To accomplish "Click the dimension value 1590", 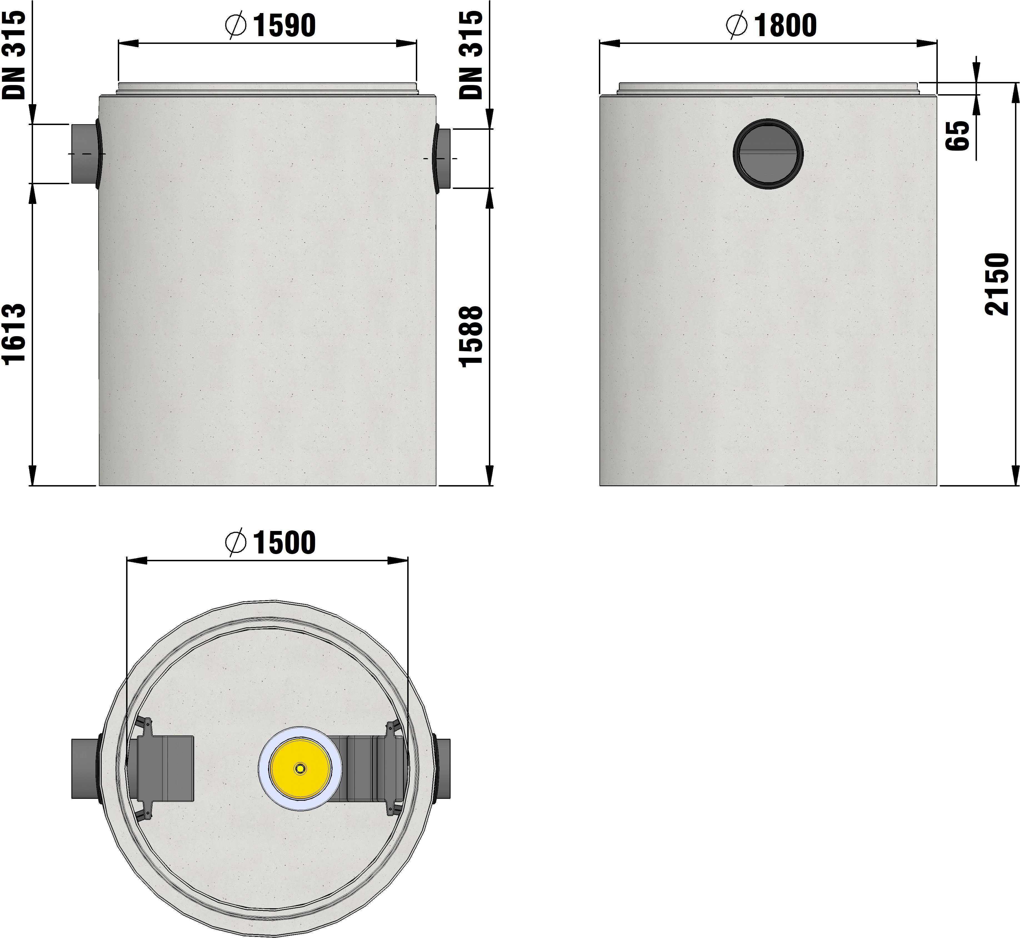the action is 284,25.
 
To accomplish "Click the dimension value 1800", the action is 786,25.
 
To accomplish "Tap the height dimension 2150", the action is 997,284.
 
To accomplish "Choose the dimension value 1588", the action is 471,336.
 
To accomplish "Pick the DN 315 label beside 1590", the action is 471,55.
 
